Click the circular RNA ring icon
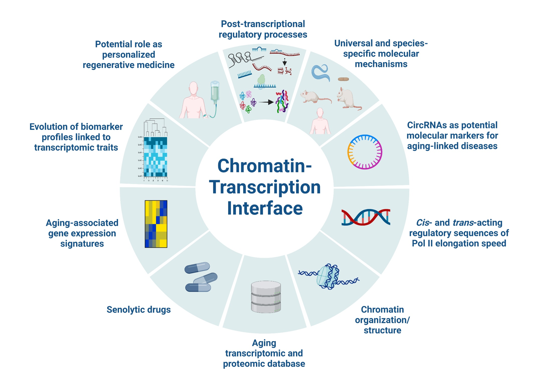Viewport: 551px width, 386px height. point(365,152)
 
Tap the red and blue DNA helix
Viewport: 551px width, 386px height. point(365,217)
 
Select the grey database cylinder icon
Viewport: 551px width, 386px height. point(266,297)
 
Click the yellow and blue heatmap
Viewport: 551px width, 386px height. point(156,224)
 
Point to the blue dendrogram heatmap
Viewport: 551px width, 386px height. point(155,154)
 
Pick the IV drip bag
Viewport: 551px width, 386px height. point(215,92)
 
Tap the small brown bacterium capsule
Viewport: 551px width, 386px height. point(343,79)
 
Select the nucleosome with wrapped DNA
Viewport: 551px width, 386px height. point(328,276)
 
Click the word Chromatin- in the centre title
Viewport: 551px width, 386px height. point(264,166)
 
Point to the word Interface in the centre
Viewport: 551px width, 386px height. point(264,208)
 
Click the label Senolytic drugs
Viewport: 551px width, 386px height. point(138,310)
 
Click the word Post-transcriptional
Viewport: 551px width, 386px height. point(263,24)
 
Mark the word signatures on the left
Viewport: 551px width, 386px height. point(82,244)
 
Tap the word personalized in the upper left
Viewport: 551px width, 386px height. point(129,55)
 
